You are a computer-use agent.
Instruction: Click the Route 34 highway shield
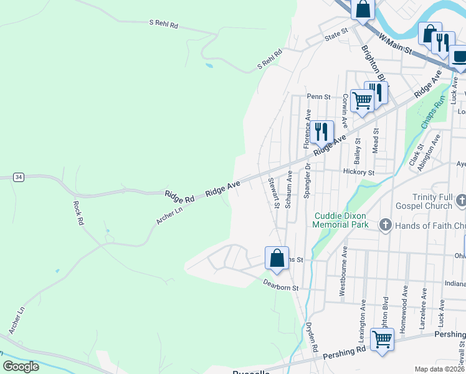point(19,177)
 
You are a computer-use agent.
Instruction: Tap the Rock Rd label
point(78,213)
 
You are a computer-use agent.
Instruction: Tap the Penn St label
point(318,97)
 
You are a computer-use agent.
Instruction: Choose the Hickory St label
point(358,171)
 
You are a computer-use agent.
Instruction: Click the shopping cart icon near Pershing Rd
point(382,340)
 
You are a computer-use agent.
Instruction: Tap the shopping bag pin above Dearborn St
point(277,257)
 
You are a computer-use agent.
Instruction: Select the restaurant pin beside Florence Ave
point(321,132)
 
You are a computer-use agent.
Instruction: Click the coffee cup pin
point(459,57)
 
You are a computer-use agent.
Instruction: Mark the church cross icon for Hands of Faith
point(385,225)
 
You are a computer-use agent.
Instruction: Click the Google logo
point(21,367)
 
